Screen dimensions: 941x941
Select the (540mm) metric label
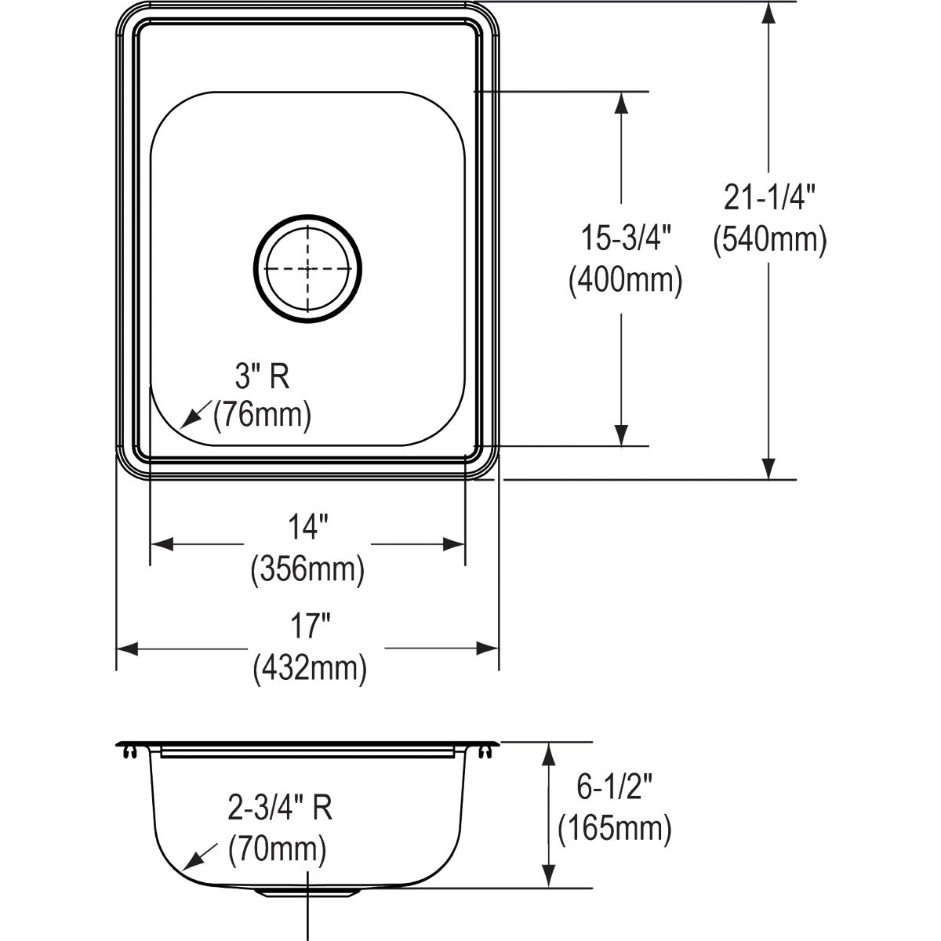pyautogui.click(x=769, y=239)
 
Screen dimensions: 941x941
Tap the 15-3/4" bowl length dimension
pyautogui.click(x=625, y=238)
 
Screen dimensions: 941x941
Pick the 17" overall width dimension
pyautogui.click(x=308, y=627)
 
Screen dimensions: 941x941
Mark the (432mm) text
pyautogui.click(x=309, y=668)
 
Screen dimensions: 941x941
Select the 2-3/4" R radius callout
pyautogui.click(x=280, y=808)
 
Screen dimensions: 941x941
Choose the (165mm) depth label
pyautogui.click(x=614, y=828)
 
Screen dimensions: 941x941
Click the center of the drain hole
pyautogui.click(x=307, y=268)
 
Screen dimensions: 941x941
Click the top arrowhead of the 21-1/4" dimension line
pyautogui.click(x=769, y=12)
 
